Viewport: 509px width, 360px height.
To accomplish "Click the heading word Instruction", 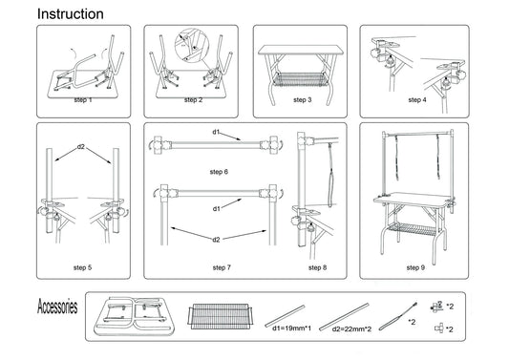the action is pos(71,14).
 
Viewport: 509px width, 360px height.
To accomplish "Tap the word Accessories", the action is pos(57,307).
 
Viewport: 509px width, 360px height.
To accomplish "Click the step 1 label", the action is pos(83,100).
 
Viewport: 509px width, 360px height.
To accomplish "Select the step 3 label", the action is pos(302,100).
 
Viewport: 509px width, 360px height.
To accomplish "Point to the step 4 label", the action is pos(417,100).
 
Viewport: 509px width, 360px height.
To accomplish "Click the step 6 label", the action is pos(219,172).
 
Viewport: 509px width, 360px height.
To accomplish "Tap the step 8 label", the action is pos(317,267).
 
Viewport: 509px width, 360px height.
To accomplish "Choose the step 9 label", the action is pos(415,267).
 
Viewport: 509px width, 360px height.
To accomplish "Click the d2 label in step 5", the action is pos(81,147).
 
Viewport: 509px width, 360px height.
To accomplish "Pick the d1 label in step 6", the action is pos(216,132).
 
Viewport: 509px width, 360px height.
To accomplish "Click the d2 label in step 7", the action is pos(216,240).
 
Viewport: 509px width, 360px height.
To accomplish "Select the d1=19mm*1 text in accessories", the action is pos(291,328).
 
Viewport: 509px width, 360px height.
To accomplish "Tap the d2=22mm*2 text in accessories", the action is pos(351,329).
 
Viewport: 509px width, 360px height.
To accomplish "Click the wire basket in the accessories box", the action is pos(220,316).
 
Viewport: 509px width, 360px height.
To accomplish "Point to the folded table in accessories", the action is pos(134,315).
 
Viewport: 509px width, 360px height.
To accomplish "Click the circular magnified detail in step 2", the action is pos(192,45).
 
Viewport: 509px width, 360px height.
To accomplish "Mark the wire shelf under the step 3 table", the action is pos(300,80).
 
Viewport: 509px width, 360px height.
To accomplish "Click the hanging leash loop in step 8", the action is pos(330,176).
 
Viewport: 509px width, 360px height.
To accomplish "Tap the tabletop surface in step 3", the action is pos(301,50).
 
